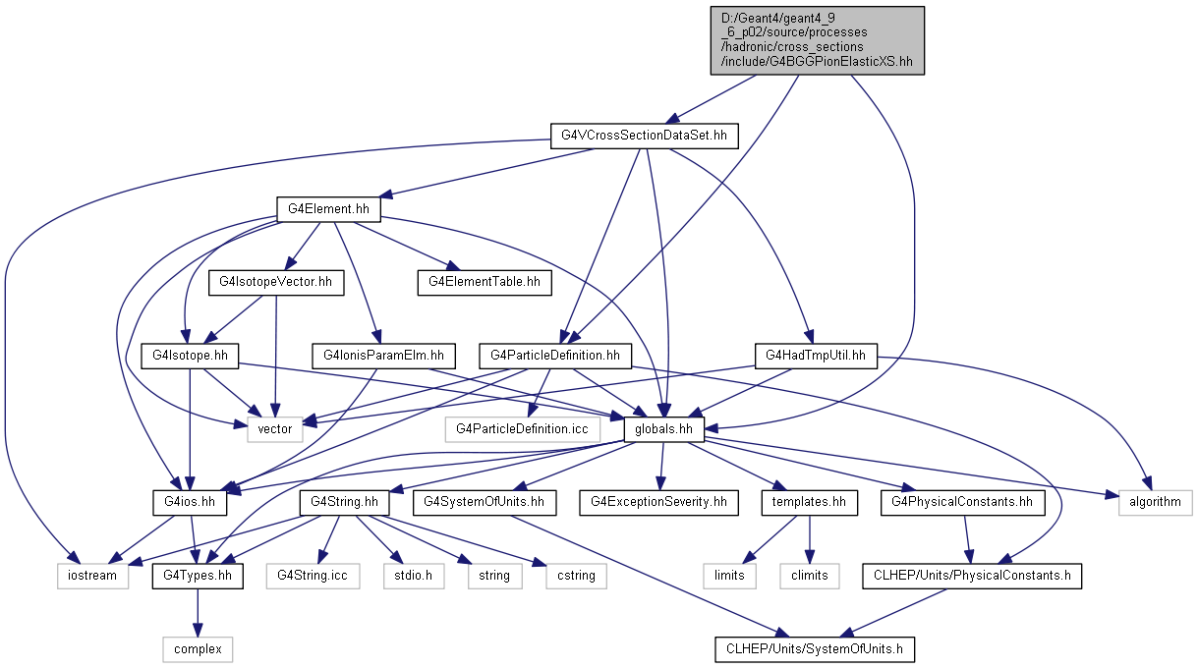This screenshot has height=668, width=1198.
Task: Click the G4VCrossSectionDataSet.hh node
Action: (x=644, y=136)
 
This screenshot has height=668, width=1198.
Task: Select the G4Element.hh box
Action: (x=328, y=209)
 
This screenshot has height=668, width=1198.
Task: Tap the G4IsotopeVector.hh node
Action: (x=276, y=282)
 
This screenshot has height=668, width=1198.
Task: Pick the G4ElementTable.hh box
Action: (x=484, y=282)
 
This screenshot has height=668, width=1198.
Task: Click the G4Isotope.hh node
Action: (x=190, y=356)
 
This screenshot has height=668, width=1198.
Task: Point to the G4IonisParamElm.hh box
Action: (x=383, y=356)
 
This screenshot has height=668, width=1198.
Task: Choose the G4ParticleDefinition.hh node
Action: (x=555, y=356)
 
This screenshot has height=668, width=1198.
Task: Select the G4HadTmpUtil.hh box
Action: (x=816, y=356)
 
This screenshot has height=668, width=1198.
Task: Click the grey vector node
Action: (x=275, y=429)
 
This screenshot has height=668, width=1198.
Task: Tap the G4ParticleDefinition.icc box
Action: (x=522, y=429)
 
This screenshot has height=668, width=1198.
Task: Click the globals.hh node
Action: (x=663, y=429)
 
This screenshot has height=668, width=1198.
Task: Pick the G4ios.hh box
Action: (x=190, y=502)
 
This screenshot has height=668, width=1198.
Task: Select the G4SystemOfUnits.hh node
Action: (x=484, y=502)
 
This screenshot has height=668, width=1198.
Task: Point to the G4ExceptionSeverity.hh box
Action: (x=658, y=502)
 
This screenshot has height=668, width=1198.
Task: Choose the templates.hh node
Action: (x=809, y=502)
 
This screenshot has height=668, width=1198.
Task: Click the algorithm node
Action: (x=1155, y=502)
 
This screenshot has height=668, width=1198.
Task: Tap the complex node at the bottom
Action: (x=198, y=649)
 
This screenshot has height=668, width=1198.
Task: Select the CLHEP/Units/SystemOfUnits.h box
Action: (x=815, y=649)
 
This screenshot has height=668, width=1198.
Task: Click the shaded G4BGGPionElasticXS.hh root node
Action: (x=818, y=40)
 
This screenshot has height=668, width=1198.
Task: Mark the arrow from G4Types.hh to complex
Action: (x=198, y=613)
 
